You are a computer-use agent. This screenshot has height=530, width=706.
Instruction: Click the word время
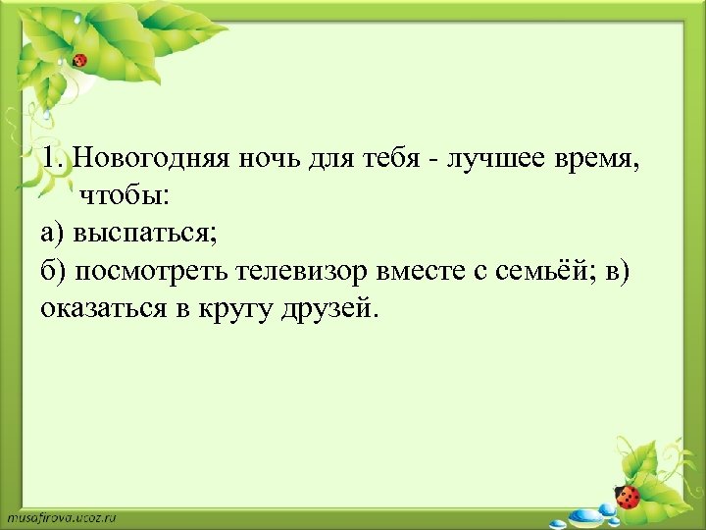(x=597, y=157)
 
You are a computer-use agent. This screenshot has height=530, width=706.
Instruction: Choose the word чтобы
(x=124, y=195)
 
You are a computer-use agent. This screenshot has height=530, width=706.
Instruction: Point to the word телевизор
(x=283, y=271)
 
